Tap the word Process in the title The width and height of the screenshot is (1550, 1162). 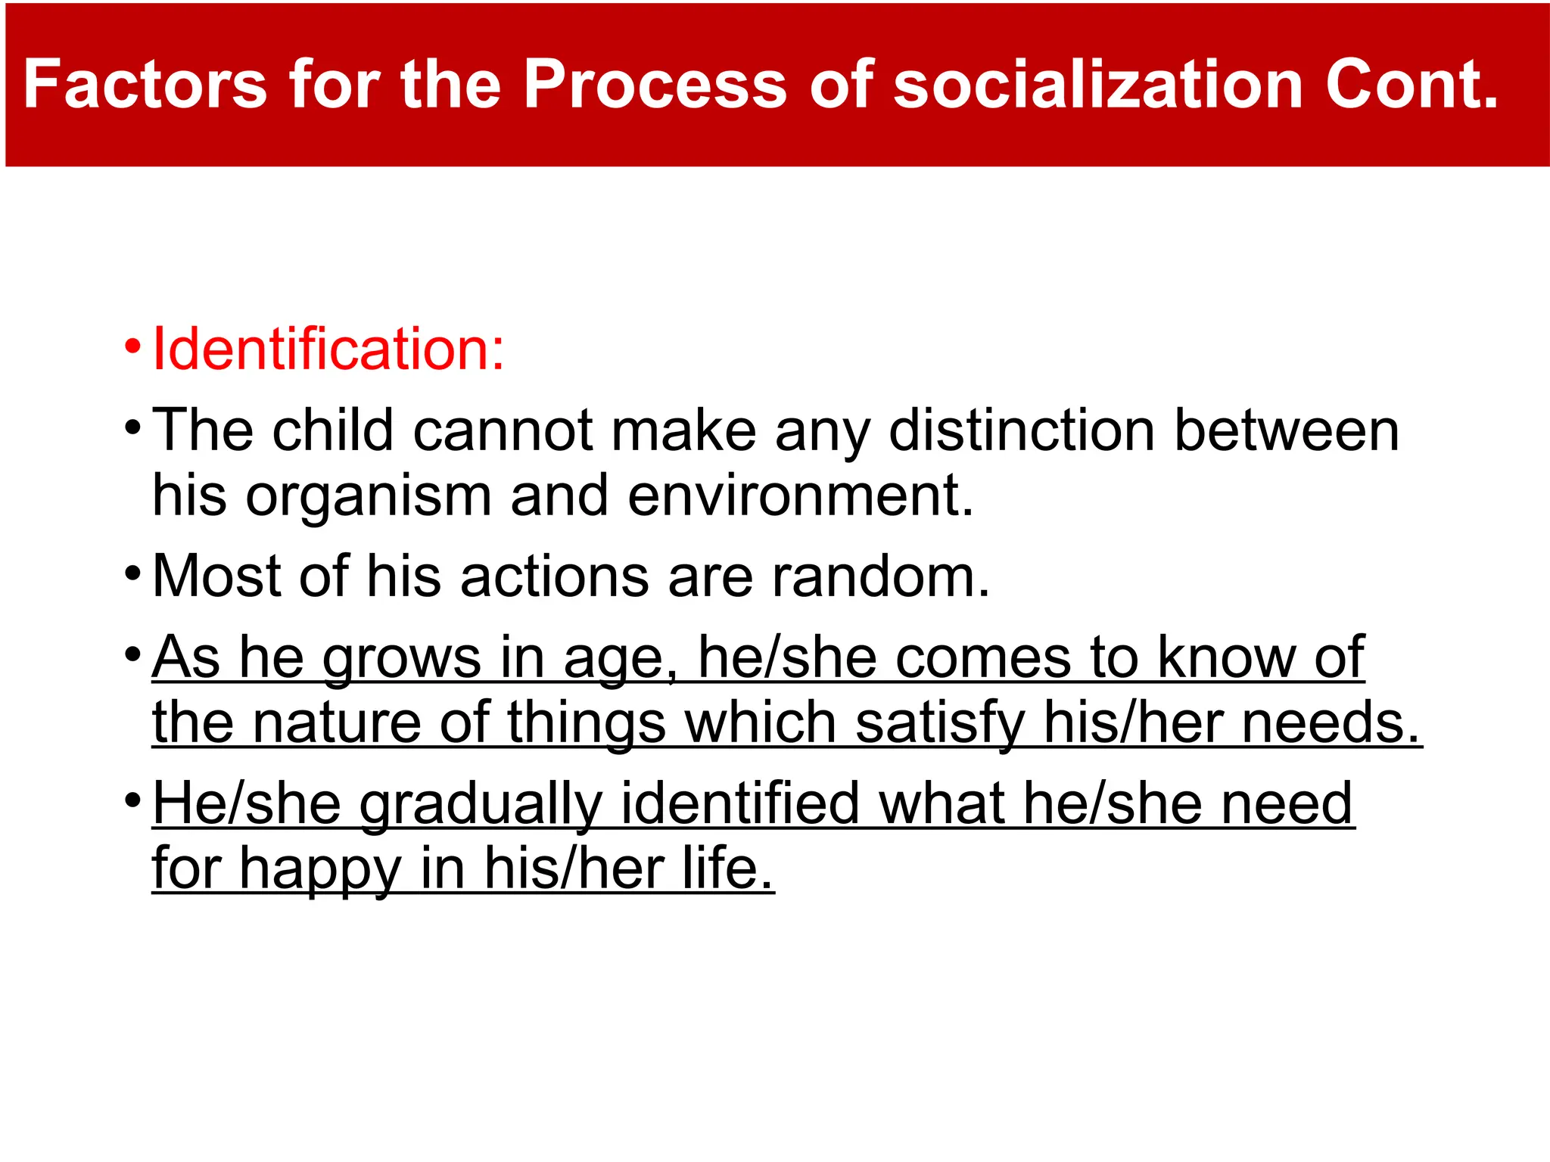point(655,85)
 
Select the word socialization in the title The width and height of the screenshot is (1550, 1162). point(1098,85)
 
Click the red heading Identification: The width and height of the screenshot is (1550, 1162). point(328,350)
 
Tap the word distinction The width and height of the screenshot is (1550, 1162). point(1022,430)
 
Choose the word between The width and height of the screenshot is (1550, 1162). point(1286,430)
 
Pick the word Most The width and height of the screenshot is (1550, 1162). point(216,576)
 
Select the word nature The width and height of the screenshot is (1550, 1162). point(337,722)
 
